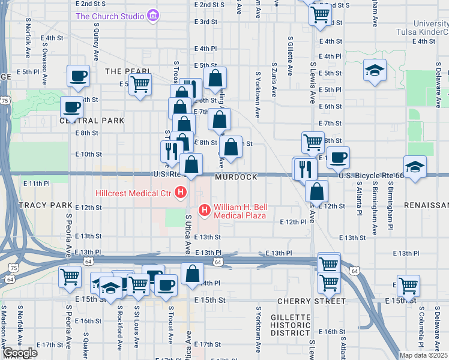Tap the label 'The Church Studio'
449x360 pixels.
coord(109,16)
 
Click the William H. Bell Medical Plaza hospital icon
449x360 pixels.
coord(204,211)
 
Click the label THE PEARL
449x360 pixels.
coord(122,71)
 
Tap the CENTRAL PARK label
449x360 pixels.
coord(95,121)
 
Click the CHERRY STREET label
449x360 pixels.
coord(303,301)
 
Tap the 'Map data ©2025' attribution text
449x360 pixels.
coord(423,355)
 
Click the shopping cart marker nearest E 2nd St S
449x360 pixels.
coord(321,14)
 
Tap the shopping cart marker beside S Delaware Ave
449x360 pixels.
coord(408,286)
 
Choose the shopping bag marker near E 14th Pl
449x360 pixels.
coord(192,273)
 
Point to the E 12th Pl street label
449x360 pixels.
coord(293,221)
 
